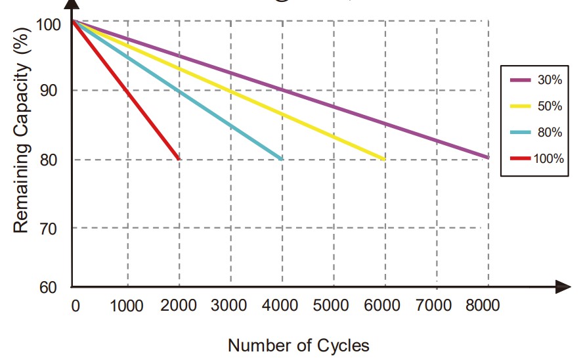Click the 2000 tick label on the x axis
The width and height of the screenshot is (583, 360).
tap(177, 305)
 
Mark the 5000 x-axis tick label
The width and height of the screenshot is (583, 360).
tap(332, 305)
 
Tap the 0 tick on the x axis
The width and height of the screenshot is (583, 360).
tap(75, 305)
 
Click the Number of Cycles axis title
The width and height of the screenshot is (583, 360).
tap(299, 346)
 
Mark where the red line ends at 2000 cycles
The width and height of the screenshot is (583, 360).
tap(179, 159)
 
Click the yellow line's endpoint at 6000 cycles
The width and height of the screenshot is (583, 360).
tap(384, 159)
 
